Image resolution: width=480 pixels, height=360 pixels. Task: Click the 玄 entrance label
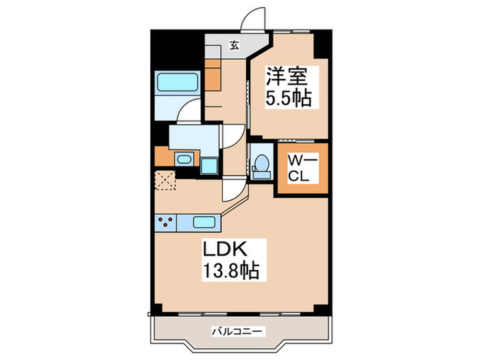(x=235, y=46)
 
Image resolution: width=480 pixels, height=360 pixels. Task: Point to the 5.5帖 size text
(x=288, y=98)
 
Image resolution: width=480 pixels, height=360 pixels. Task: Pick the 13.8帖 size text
(x=229, y=271)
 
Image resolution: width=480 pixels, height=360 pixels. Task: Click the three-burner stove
(x=165, y=222)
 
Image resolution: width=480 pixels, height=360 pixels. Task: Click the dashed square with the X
(x=165, y=180)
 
